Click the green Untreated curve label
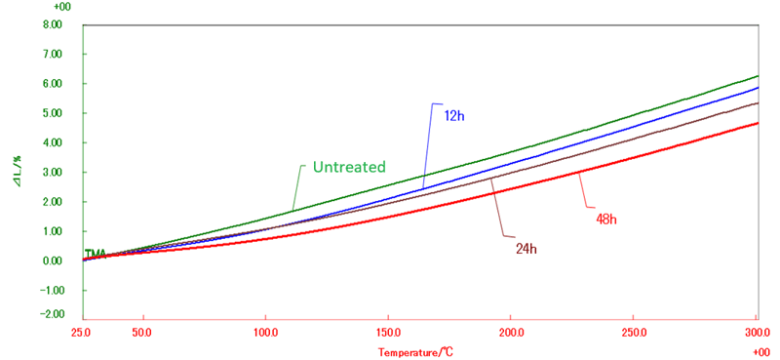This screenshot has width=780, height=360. click(349, 167)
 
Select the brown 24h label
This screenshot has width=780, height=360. click(526, 248)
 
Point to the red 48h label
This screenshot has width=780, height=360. click(606, 219)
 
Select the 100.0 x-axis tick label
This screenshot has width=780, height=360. click(266, 331)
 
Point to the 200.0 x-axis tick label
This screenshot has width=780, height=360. click(512, 331)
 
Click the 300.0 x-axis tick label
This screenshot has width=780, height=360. click(757, 331)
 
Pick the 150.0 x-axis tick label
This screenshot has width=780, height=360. click(389, 331)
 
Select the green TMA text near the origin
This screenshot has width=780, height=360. click(96, 254)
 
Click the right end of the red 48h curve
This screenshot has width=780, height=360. click(758, 123)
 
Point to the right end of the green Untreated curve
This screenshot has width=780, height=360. click(758, 76)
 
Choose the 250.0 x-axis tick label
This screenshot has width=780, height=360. click(634, 331)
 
